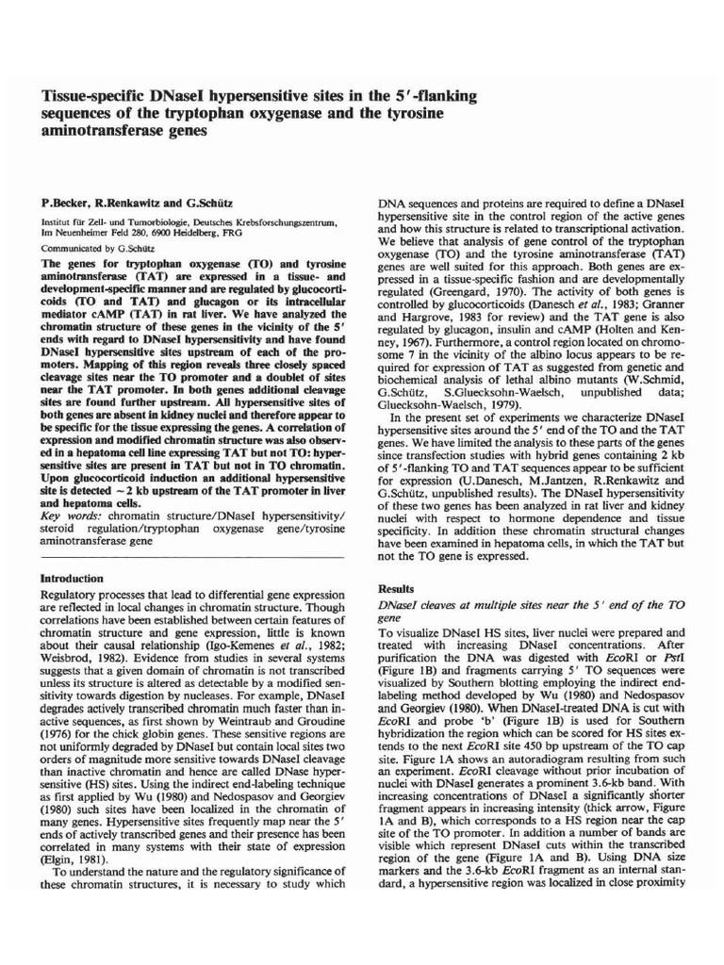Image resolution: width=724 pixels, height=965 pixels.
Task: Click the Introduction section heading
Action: pos(72,578)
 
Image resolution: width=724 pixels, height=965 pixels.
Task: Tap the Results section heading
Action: pos(395,588)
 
